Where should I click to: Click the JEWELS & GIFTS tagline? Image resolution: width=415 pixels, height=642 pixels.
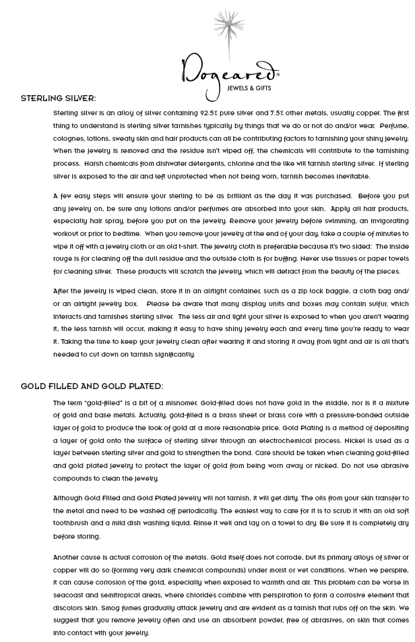249,88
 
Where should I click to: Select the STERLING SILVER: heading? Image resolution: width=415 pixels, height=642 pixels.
58,98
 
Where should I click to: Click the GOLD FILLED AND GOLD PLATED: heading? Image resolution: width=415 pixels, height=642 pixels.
92,387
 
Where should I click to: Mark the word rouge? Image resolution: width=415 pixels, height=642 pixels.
65,259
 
